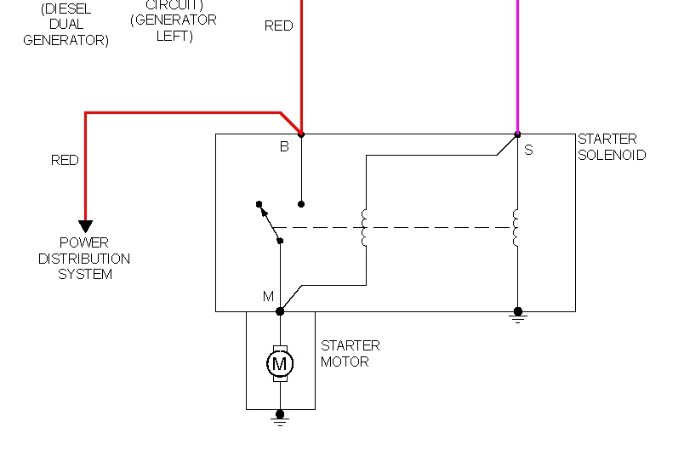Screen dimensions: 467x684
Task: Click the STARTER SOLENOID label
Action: pyautogui.click(x=612, y=147)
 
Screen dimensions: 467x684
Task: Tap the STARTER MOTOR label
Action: pyautogui.click(x=350, y=354)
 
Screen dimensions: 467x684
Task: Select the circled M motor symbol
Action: pyautogui.click(x=280, y=364)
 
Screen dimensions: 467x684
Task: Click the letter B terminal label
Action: pyautogui.click(x=284, y=146)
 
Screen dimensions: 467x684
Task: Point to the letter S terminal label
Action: pyautogui.click(x=528, y=150)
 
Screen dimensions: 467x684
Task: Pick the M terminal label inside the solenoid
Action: pyautogui.click(x=268, y=297)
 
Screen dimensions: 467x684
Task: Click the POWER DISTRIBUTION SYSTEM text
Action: pyautogui.click(x=84, y=259)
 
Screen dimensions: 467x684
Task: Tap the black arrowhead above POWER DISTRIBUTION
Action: pyautogui.click(x=85, y=226)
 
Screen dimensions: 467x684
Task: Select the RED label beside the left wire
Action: pyautogui.click(x=65, y=160)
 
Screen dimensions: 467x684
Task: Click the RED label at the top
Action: pyautogui.click(x=278, y=26)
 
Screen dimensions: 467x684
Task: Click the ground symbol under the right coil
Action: pyautogui.click(x=517, y=316)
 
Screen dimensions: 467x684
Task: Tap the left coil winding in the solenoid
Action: pyautogui.click(x=365, y=228)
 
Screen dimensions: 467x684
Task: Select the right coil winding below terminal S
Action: pyautogui.click(x=516, y=228)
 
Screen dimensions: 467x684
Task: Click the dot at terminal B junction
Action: pyautogui.click(x=301, y=134)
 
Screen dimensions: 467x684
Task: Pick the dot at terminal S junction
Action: pyautogui.click(x=517, y=134)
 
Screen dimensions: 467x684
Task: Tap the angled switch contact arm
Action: pyautogui.click(x=270, y=223)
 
